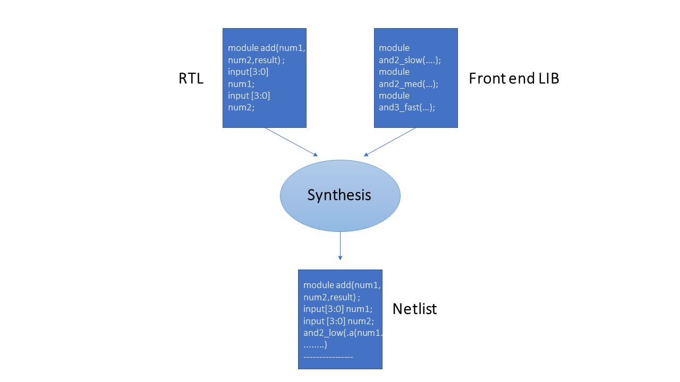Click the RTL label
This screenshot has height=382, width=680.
pos(191,79)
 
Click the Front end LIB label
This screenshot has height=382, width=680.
pos(514,79)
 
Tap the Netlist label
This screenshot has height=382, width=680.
pos(414,309)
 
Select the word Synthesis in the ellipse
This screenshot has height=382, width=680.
pos(339,195)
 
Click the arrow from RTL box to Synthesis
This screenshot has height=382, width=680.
pos(291,142)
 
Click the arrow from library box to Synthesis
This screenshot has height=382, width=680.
pos(389,142)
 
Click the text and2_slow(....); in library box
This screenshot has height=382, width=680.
pos(410,60)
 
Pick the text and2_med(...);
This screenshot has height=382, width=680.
pos(408,84)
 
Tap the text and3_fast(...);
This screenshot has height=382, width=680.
pos(406,107)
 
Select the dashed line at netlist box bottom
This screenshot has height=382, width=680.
pos(328,357)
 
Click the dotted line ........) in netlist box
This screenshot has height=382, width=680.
pos(315,345)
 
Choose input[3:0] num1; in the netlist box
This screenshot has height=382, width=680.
pos(338,309)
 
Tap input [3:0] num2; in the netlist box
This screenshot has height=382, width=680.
pos(339,321)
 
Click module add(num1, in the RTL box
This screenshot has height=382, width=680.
pos(267,48)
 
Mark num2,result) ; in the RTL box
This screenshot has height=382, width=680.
pos(257,60)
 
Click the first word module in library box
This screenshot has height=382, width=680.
pos(394,48)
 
